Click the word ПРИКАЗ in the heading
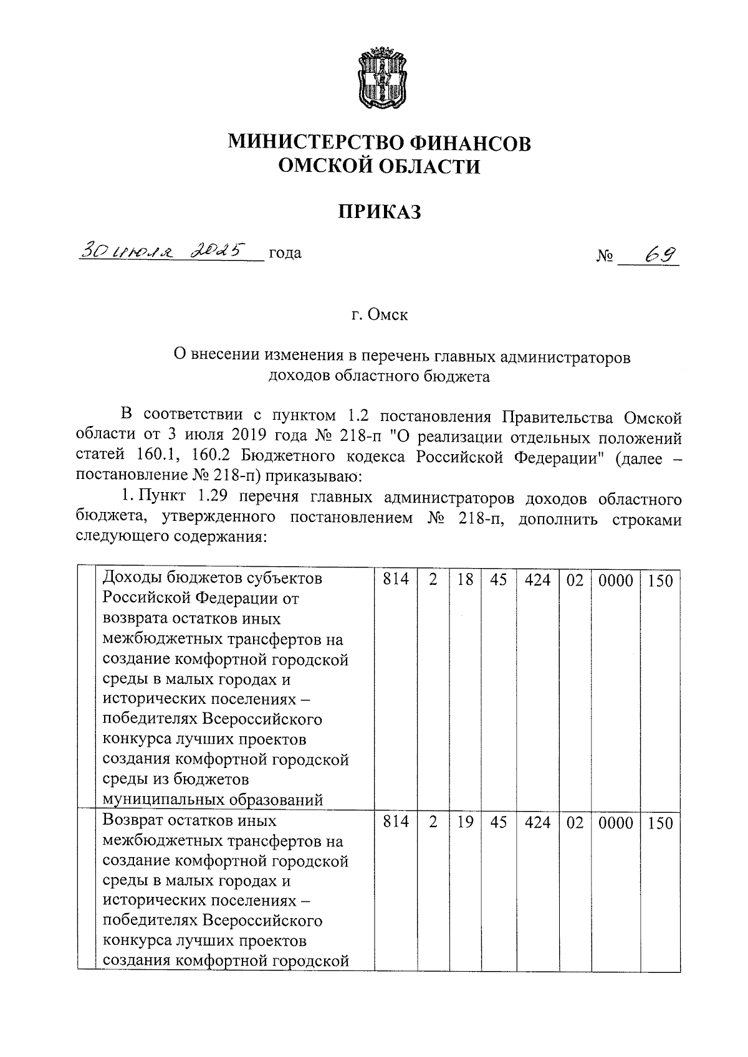(x=379, y=212)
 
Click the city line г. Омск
(x=379, y=315)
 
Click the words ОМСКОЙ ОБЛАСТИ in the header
(x=379, y=166)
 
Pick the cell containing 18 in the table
(x=465, y=580)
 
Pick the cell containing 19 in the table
(x=465, y=822)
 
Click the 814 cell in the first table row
(x=396, y=580)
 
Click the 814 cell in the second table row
(x=396, y=822)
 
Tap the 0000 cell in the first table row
(x=615, y=581)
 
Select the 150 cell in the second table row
(x=660, y=823)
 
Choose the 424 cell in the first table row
(x=538, y=580)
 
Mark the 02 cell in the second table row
(x=575, y=822)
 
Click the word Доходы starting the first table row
(x=130, y=579)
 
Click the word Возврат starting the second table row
(x=134, y=821)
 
